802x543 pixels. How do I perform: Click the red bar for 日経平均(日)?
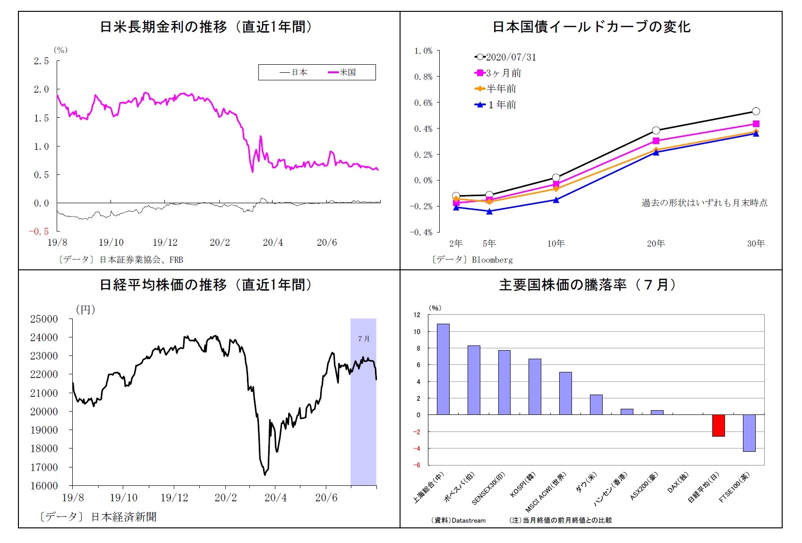click(x=718, y=425)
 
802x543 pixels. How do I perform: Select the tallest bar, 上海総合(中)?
click(x=443, y=369)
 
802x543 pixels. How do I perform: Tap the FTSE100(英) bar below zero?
click(x=749, y=433)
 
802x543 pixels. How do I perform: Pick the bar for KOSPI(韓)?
click(x=534, y=387)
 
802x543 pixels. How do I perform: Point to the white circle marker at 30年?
click(x=756, y=112)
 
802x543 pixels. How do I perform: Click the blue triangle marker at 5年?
click(x=489, y=211)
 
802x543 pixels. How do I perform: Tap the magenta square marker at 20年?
click(x=656, y=141)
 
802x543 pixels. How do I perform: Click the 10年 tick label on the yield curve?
click(x=556, y=244)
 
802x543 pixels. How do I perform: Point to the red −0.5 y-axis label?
click(x=39, y=232)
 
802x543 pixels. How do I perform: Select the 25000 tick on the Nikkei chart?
click(x=44, y=319)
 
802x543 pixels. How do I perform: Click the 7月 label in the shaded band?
click(x=364, y=339)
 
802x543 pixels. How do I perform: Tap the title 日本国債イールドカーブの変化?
click(x=591, y=27)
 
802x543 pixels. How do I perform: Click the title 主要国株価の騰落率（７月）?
click(x=588, y=285)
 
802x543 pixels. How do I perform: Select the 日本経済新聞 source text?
click(x=123, y=517)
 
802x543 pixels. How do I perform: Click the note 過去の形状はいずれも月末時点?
click(x=704, y=203)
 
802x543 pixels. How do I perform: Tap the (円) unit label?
click(x=85, y=310)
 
